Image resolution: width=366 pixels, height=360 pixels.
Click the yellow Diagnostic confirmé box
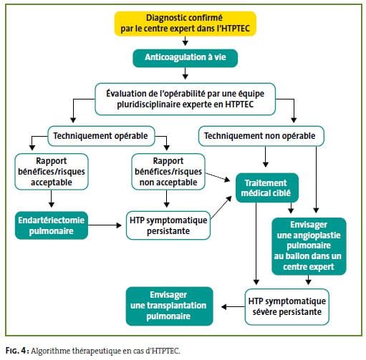(186, 24)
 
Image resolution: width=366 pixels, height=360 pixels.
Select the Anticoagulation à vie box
(186, 58)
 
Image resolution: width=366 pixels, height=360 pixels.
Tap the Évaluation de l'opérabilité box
(186, 99)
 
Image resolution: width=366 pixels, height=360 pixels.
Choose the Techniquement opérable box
(101, 136)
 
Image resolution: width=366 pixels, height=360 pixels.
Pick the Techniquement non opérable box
(261, 136)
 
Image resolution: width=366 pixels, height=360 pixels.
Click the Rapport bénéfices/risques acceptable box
(52, 172)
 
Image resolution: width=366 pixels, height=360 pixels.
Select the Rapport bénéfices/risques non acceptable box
(168, 172)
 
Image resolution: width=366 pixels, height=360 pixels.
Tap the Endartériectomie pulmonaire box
(52, 225)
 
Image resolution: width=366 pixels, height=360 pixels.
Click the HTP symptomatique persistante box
(168, 225)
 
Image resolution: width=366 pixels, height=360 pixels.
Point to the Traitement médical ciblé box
(267, 188)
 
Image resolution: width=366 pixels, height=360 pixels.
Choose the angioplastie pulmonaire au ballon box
(309, 246)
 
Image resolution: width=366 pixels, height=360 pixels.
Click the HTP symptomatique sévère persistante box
(287, 307)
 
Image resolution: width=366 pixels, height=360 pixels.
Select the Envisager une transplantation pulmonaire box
(169, 306)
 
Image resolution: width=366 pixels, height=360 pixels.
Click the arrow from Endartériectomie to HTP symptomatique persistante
(105, 225)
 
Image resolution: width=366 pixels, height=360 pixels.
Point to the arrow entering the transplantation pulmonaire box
(233, 307)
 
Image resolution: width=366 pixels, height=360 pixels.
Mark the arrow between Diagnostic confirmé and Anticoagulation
(186, 41)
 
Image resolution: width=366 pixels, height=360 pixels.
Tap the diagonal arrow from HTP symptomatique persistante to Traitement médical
(221, 208)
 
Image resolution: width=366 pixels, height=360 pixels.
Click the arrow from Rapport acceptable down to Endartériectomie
(52, 199)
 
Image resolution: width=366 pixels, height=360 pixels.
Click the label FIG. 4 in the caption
(16, 351)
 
